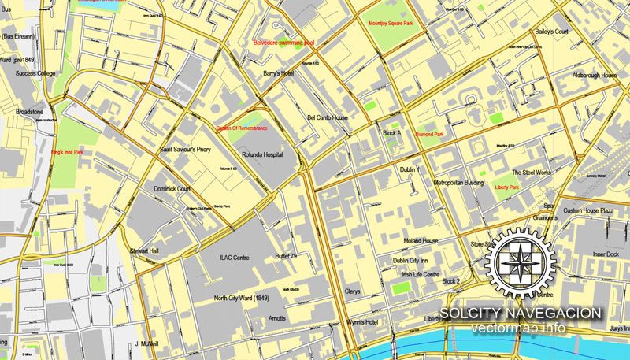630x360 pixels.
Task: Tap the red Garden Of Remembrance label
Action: point(243,128)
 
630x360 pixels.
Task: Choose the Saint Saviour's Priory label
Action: point(186,148)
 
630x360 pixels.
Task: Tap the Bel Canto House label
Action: point(328,117)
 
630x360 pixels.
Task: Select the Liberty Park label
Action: point(506,187)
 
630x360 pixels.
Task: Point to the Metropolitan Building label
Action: point(458,182)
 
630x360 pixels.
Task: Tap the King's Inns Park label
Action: point(68,153)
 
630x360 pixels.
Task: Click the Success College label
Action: point(35,73)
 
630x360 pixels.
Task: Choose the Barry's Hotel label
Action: point(278,73)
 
